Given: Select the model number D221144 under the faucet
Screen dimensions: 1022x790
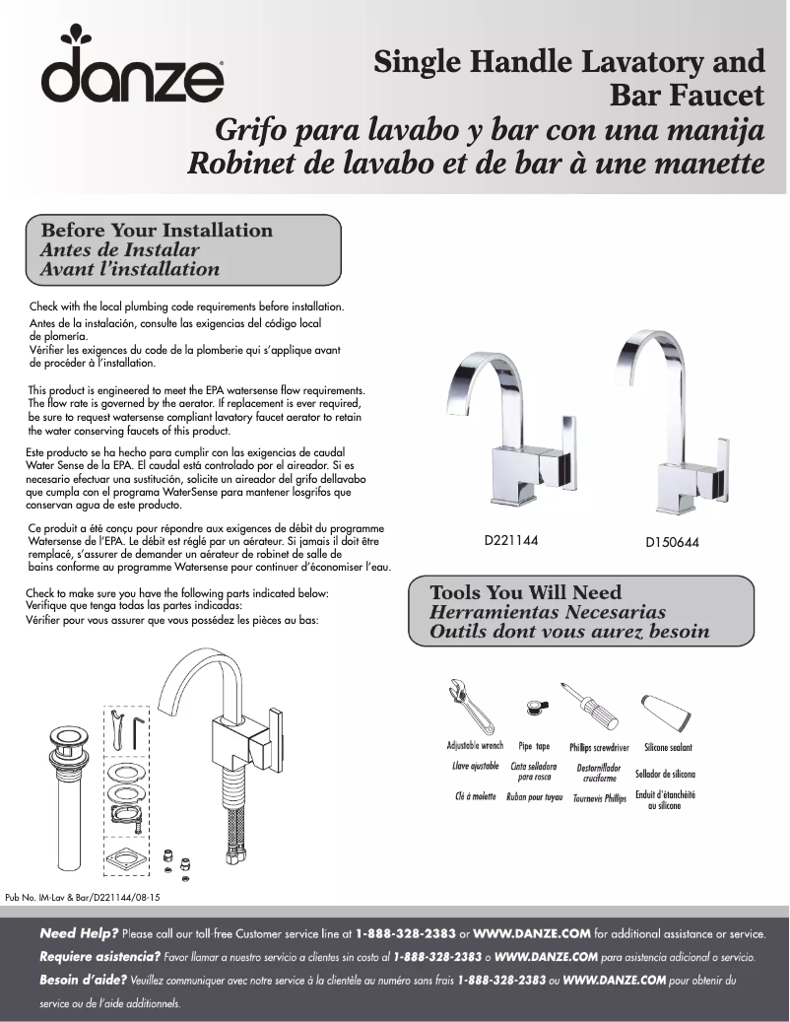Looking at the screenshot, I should (x=510, y=541).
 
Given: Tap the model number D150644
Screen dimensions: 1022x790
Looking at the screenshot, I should (x=672, y=543).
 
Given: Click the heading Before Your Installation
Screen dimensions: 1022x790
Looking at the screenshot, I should (x=156, y=231).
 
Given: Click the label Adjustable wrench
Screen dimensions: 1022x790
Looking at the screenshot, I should (x=475, y=746).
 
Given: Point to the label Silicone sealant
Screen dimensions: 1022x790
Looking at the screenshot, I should (x=668, y=748).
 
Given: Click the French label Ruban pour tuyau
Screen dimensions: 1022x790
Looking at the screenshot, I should (x=534, y=796).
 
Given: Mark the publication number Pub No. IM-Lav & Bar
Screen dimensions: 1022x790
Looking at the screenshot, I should (x=83, y=897).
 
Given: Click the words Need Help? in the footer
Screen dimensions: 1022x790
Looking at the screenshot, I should (x=79, y=932).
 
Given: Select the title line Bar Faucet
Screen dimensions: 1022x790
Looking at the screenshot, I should (x=688, y=97).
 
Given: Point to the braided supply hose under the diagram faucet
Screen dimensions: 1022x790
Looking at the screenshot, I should (x=236, y=828).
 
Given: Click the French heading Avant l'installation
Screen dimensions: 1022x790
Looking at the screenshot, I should (x=129, y=269).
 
